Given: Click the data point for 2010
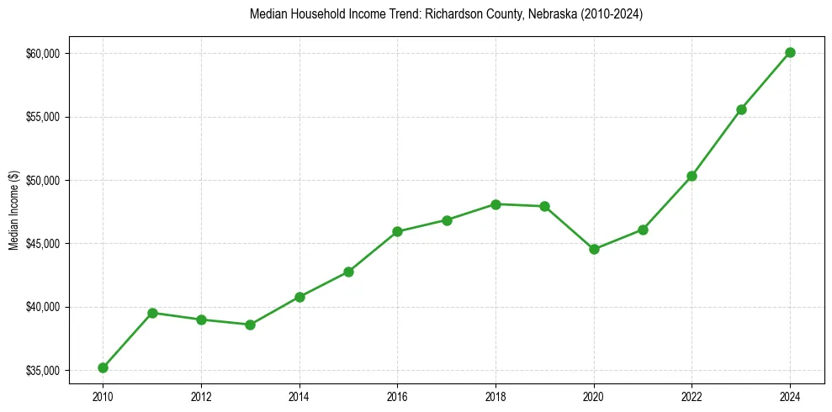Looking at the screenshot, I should pos(103,367).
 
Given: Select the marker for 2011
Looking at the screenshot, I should pos(152,313).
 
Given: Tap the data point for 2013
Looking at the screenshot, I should pos(250,325).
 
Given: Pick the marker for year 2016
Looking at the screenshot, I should pos(397,231).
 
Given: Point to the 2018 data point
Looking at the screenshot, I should pos(495,204).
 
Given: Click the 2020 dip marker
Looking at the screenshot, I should pos(594,249).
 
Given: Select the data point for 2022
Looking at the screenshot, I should pos(692,176).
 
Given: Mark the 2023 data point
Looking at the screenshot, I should pos(741,109).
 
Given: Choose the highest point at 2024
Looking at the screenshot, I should pos(790,52).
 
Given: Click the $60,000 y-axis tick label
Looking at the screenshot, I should pos(44,54).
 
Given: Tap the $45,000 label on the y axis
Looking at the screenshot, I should pos(44,244).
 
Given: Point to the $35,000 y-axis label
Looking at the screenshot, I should pos(44,370).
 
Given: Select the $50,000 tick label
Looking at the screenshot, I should pos(44,181).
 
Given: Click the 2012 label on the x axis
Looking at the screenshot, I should pos(201,395).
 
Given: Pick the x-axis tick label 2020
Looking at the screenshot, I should pos(594,395).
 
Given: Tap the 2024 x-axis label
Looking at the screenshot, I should pos(790,395).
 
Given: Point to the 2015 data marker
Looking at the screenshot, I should pos(348,272).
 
